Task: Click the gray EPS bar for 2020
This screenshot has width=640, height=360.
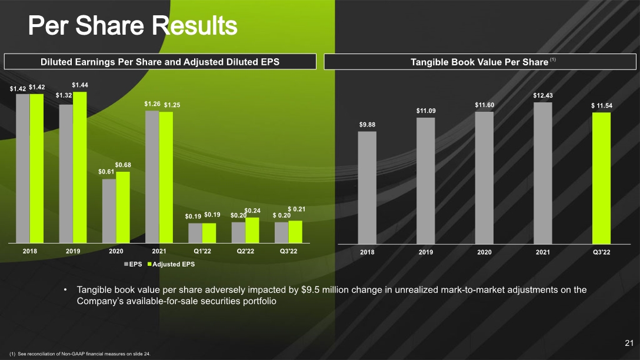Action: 109,211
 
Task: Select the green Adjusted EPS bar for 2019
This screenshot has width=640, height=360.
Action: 79,167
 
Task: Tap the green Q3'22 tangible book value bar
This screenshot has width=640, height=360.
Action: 601,178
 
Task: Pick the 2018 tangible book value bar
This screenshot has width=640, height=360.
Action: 367,188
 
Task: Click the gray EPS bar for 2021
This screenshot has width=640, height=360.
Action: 152,176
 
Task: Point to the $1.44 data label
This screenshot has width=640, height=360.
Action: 80,85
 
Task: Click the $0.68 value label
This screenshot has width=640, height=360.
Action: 123,165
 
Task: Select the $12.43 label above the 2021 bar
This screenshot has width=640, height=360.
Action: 543,95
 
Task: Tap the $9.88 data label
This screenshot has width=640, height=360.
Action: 367,125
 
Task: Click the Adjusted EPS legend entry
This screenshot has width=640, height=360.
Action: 171,264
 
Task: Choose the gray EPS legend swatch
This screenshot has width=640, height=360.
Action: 126,264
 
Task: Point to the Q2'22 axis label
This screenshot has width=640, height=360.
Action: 245,251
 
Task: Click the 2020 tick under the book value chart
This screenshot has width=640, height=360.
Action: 485,252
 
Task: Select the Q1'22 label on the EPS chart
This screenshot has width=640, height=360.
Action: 202,251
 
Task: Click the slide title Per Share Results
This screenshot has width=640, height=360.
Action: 133,25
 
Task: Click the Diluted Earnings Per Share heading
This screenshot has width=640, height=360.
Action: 160,62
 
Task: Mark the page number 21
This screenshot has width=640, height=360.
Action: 629,343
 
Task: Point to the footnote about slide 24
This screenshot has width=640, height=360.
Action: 80,354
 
